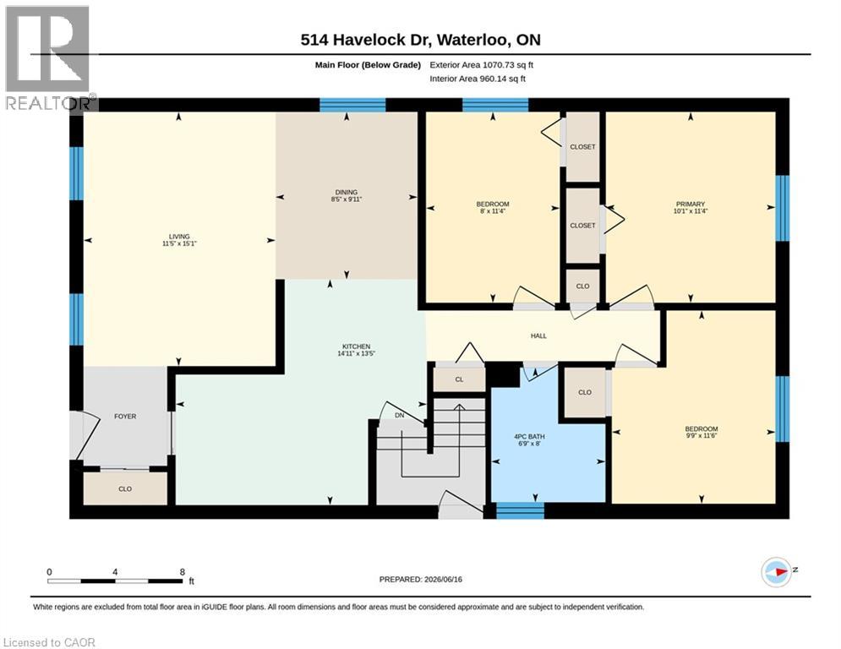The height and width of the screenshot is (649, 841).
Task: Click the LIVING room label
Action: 179,236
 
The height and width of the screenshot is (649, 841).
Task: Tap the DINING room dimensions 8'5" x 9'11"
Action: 347,199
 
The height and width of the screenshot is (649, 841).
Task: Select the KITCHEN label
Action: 356,346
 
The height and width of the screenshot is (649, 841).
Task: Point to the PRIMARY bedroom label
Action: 691,204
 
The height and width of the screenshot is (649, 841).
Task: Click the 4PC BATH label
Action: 529,437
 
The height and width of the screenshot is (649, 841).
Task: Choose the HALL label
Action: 538,335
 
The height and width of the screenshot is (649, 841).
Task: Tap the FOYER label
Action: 125,417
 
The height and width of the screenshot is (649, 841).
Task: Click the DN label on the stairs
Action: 400,415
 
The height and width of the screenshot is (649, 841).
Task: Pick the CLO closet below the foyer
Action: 125,488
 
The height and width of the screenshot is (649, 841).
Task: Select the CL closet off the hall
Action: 459,379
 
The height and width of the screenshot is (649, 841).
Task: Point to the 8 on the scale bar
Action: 183,572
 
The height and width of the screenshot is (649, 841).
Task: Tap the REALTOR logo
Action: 47,58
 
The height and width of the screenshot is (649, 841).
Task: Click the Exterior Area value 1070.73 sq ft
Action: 508,65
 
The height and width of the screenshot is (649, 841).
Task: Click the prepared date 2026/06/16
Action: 443,579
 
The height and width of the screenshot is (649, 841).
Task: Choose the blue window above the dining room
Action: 352,105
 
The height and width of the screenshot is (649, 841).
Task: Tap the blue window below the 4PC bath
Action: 520,510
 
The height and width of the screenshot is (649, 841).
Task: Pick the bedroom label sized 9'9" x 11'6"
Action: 701,429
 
